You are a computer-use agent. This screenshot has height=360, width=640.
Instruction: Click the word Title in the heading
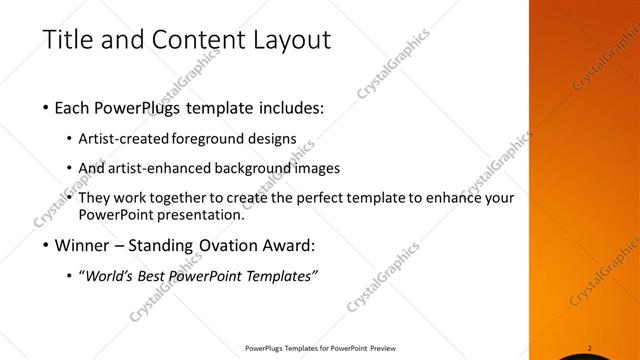pyautogui.click(x=67, y=40)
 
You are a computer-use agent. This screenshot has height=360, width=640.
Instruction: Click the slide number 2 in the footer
pyautogui.click(x=590, y=348)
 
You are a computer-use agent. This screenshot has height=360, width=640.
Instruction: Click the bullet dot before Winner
pyautogui.click(x=48, y=245)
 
